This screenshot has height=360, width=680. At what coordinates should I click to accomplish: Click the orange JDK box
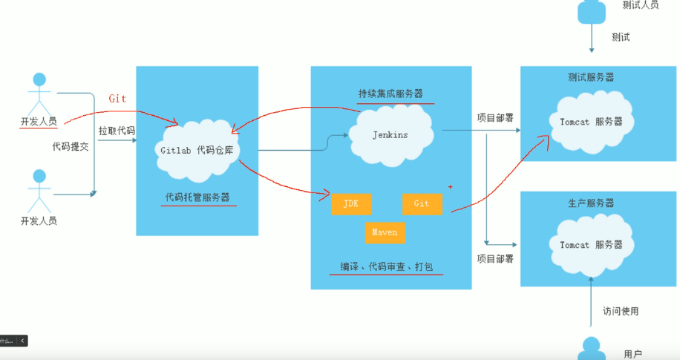coord(351,203)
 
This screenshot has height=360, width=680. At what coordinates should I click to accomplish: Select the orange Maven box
coord(385,232)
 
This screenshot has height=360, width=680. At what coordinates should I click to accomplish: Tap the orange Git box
coord(422,203)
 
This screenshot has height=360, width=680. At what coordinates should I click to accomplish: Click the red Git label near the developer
coord(118,98)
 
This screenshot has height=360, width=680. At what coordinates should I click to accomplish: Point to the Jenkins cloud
coord(390,134)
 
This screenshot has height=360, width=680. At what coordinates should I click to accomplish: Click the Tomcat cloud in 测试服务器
coord(591,122)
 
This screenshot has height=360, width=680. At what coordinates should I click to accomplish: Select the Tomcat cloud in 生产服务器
coord(591,245)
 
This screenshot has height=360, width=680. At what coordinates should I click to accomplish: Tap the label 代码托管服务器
coord(197,197)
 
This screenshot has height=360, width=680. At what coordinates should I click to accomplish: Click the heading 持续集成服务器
coord(390,94)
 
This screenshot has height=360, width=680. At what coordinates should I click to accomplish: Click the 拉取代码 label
coord(117,131)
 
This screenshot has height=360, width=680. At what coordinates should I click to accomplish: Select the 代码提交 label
coord(70,146)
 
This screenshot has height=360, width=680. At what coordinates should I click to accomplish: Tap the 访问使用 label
coord(620,311)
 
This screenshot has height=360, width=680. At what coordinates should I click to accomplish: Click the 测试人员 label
coord(641,6)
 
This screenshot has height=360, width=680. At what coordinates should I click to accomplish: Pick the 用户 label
coord(632,354)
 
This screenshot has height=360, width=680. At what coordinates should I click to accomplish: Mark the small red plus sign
coord(450,186)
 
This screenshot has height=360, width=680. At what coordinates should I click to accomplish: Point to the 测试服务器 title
coord(591,77)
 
